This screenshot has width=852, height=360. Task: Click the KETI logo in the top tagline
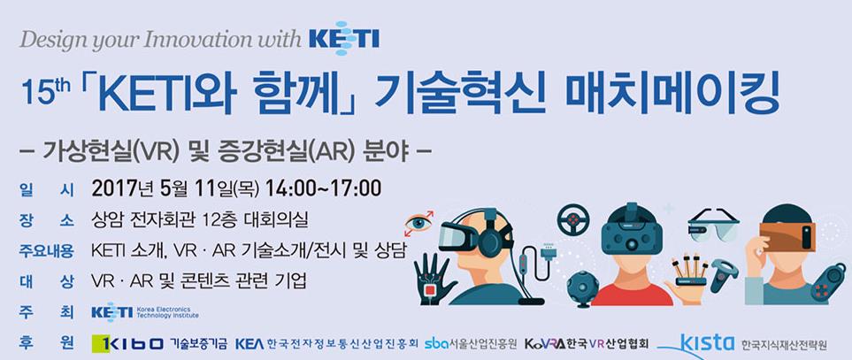click(x=343, y=39)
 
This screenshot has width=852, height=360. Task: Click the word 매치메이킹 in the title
click(x=672, y=92)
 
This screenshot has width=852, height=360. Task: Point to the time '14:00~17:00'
click(x=323, y=188)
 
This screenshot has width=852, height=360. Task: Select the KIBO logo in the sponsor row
click(x=128, y=343)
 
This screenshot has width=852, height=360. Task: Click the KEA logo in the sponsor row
click(x=250, y=343)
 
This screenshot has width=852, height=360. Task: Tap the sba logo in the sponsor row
click(x=436, y=343)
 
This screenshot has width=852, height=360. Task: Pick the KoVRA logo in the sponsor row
click(x=544, y=344)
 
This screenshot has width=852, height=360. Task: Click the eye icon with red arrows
click(x=419, y=223)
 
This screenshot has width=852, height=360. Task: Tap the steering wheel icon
click(x=572, y=219)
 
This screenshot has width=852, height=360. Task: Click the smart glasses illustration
click(x=713, y=224)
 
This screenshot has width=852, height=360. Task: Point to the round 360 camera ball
click(x=583, y=287)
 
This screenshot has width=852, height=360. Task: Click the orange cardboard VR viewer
click(x=787, y=236)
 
